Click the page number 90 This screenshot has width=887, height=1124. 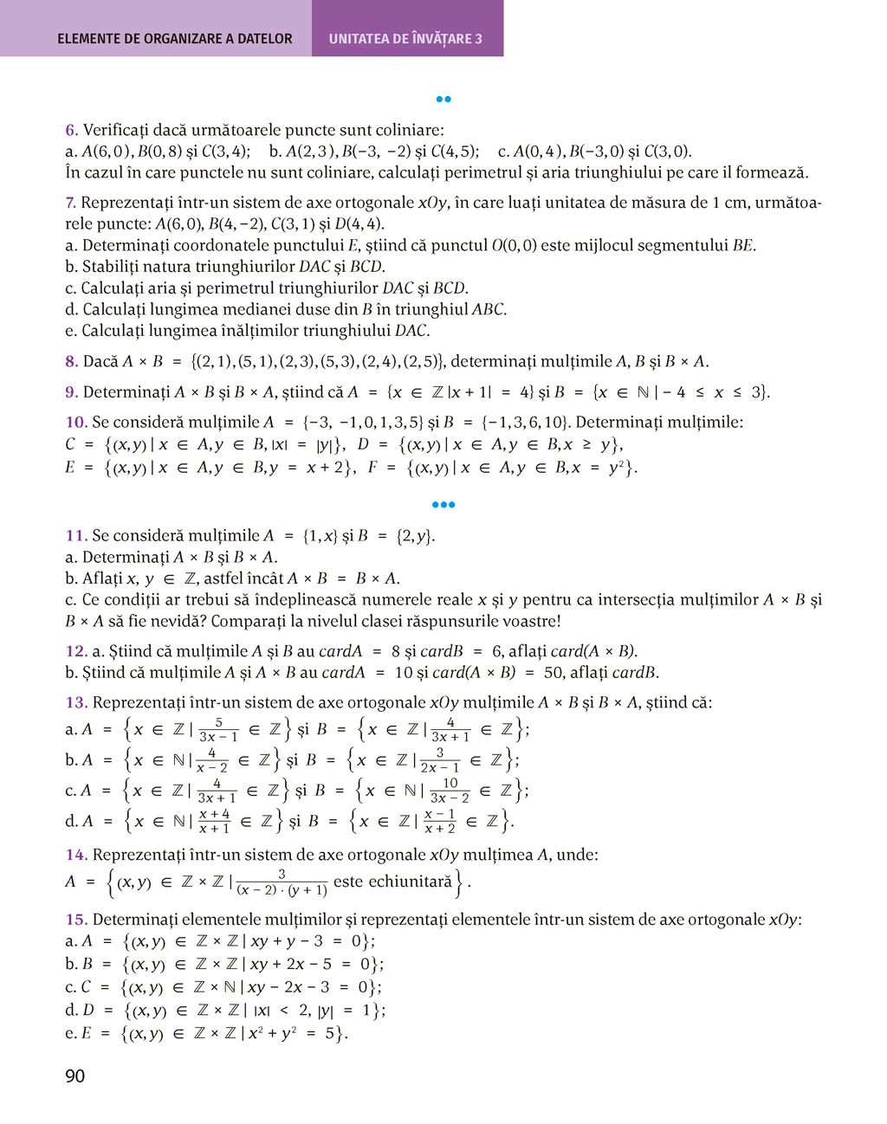[75, 1076]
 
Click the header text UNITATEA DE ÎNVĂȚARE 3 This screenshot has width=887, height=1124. [405, 39]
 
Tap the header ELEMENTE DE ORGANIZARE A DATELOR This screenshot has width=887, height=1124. [175, 39]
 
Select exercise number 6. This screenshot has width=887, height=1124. [71, 131]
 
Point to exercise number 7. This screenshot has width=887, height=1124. [71, 203]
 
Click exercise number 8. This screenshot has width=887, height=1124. [71, 362]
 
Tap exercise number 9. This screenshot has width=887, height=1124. [71, 392]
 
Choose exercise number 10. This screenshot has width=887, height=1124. [76, 423]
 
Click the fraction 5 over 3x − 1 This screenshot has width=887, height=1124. [218, 729]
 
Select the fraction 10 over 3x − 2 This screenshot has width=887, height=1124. [450, 791]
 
